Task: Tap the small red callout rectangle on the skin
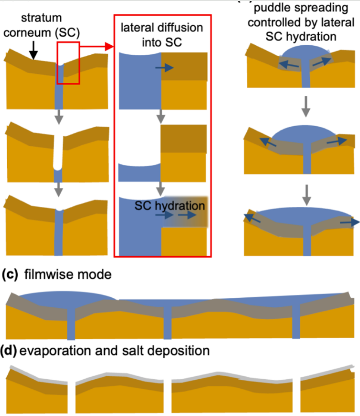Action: [68, 63]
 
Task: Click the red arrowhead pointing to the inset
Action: [109, 46]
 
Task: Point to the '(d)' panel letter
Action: [9, 350]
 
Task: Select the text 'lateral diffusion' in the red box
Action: [162, 28]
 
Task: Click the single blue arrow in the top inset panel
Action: [163, 68]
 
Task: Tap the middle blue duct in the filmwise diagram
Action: [168, 320]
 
